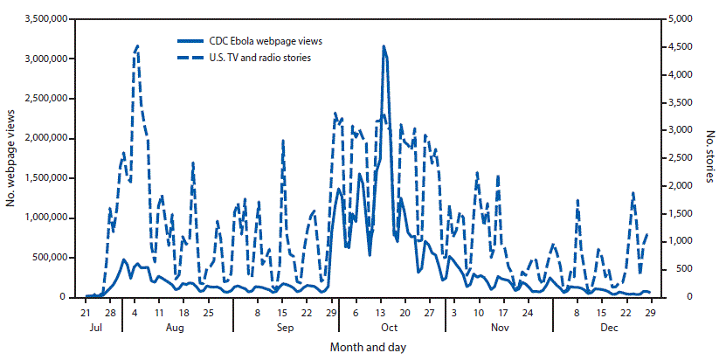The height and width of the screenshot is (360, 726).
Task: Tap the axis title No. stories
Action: pyautogui.click(x=708, y=157)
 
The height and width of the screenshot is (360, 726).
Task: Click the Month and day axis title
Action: pyautogui.click(x=367, y=347)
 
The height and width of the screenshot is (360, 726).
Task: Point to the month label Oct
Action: pyautogui.click(x=389, y=328)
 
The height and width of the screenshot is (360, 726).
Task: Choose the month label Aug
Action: pyautogui.click(x=174, y=328)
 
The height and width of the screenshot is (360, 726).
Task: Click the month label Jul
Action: pyautogui.click(x=99, y=328)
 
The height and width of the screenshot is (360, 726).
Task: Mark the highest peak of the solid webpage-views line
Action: pyautogui.click(x=384, y=46)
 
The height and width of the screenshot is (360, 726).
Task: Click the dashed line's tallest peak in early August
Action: pyautogui.click(x=137, y=45)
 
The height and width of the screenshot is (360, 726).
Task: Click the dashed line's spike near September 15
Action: pyautogui.click(x=283, y=141)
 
